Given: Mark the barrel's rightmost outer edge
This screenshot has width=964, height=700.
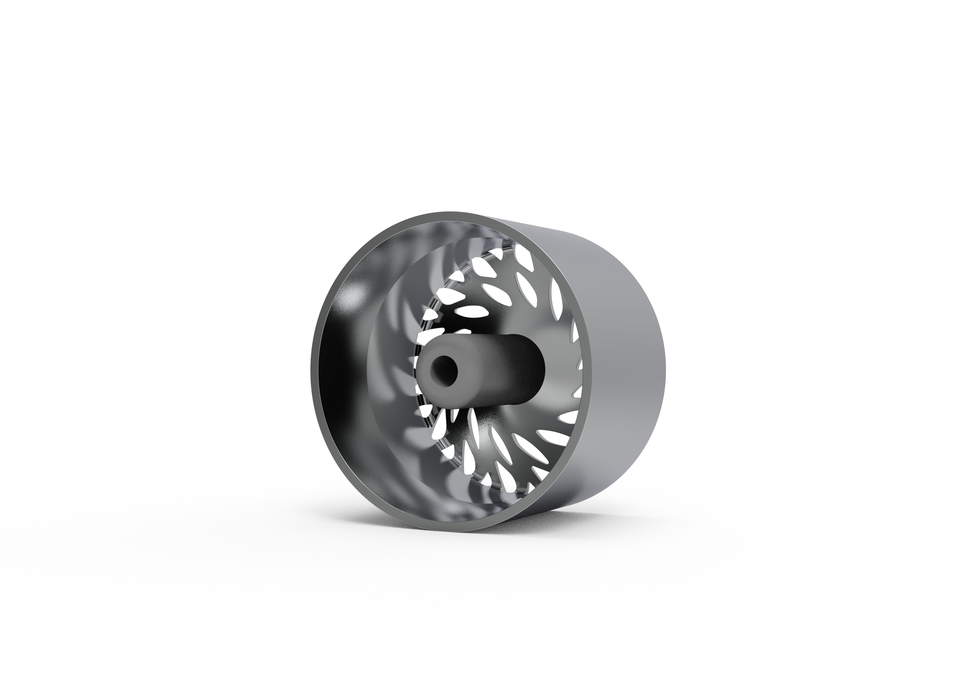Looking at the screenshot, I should click(x=665, y=366).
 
